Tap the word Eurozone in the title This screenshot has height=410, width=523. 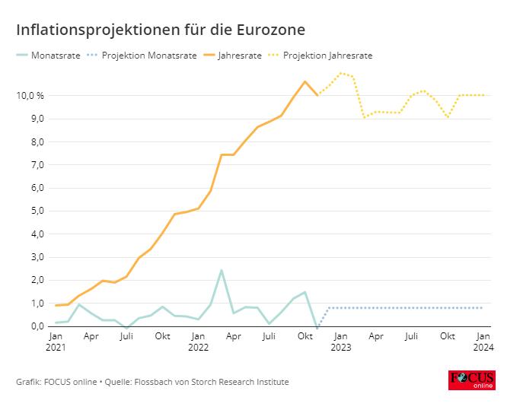[x=268, y=30]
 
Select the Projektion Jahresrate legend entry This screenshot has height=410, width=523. [x=327, y=56]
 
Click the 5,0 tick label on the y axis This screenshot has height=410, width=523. [x=37, y=211]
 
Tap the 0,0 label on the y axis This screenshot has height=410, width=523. [x=37, y=326]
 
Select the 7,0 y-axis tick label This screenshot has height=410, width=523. [x=37, y=165]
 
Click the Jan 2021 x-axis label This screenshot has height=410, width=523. [x=56, y=342]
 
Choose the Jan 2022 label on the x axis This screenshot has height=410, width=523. [x=198, y=342]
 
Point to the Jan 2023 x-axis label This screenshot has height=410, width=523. [x=340, y=342]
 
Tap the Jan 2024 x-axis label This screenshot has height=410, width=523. [x=483, y=342]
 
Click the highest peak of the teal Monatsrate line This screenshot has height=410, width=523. [x=222, y=270]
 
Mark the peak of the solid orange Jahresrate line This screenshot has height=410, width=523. [x=305, y=81]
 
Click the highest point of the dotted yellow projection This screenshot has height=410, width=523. [x=340, y=73]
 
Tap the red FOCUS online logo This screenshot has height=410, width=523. [x=471, y=380]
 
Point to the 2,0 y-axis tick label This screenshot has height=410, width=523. [x=37, y=280]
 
